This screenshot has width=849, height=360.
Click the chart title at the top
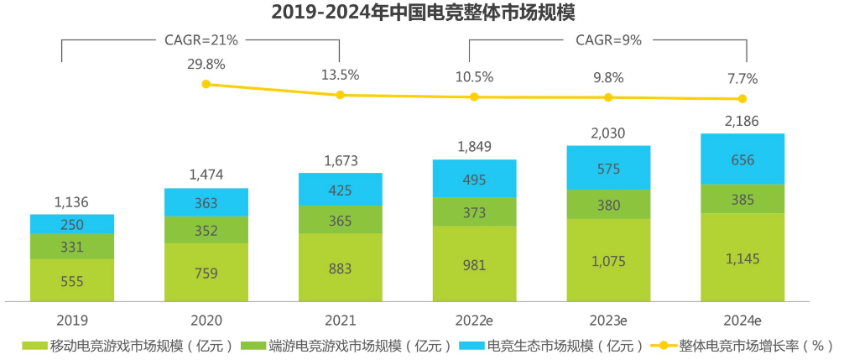(x=424, y=13)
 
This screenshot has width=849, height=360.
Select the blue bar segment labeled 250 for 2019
(x=71, y=223)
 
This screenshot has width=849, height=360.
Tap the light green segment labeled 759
(x=206, y=272)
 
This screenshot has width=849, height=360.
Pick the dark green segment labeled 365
(x=340, y=220)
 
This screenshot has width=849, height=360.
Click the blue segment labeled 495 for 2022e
(x=474, y=178)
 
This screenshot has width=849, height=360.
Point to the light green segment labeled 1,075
(x=608, y=260)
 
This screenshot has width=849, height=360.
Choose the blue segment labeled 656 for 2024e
(x=742, y=159)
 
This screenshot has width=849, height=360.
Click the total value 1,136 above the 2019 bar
(x=71, y=201)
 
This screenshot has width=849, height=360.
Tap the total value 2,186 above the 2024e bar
(x=742, y=122)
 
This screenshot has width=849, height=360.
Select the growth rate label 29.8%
(x=206, y=65)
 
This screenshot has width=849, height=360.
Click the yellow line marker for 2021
(x=340, y=95)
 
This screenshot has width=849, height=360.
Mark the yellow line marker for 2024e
(x=742, y=99)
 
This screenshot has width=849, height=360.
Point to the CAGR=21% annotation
(x=201, y=39)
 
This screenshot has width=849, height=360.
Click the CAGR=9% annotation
(x=608, y=39)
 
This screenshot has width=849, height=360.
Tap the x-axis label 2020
(x=206, y=321)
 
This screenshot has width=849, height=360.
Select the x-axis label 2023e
(x=608, y=321)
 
